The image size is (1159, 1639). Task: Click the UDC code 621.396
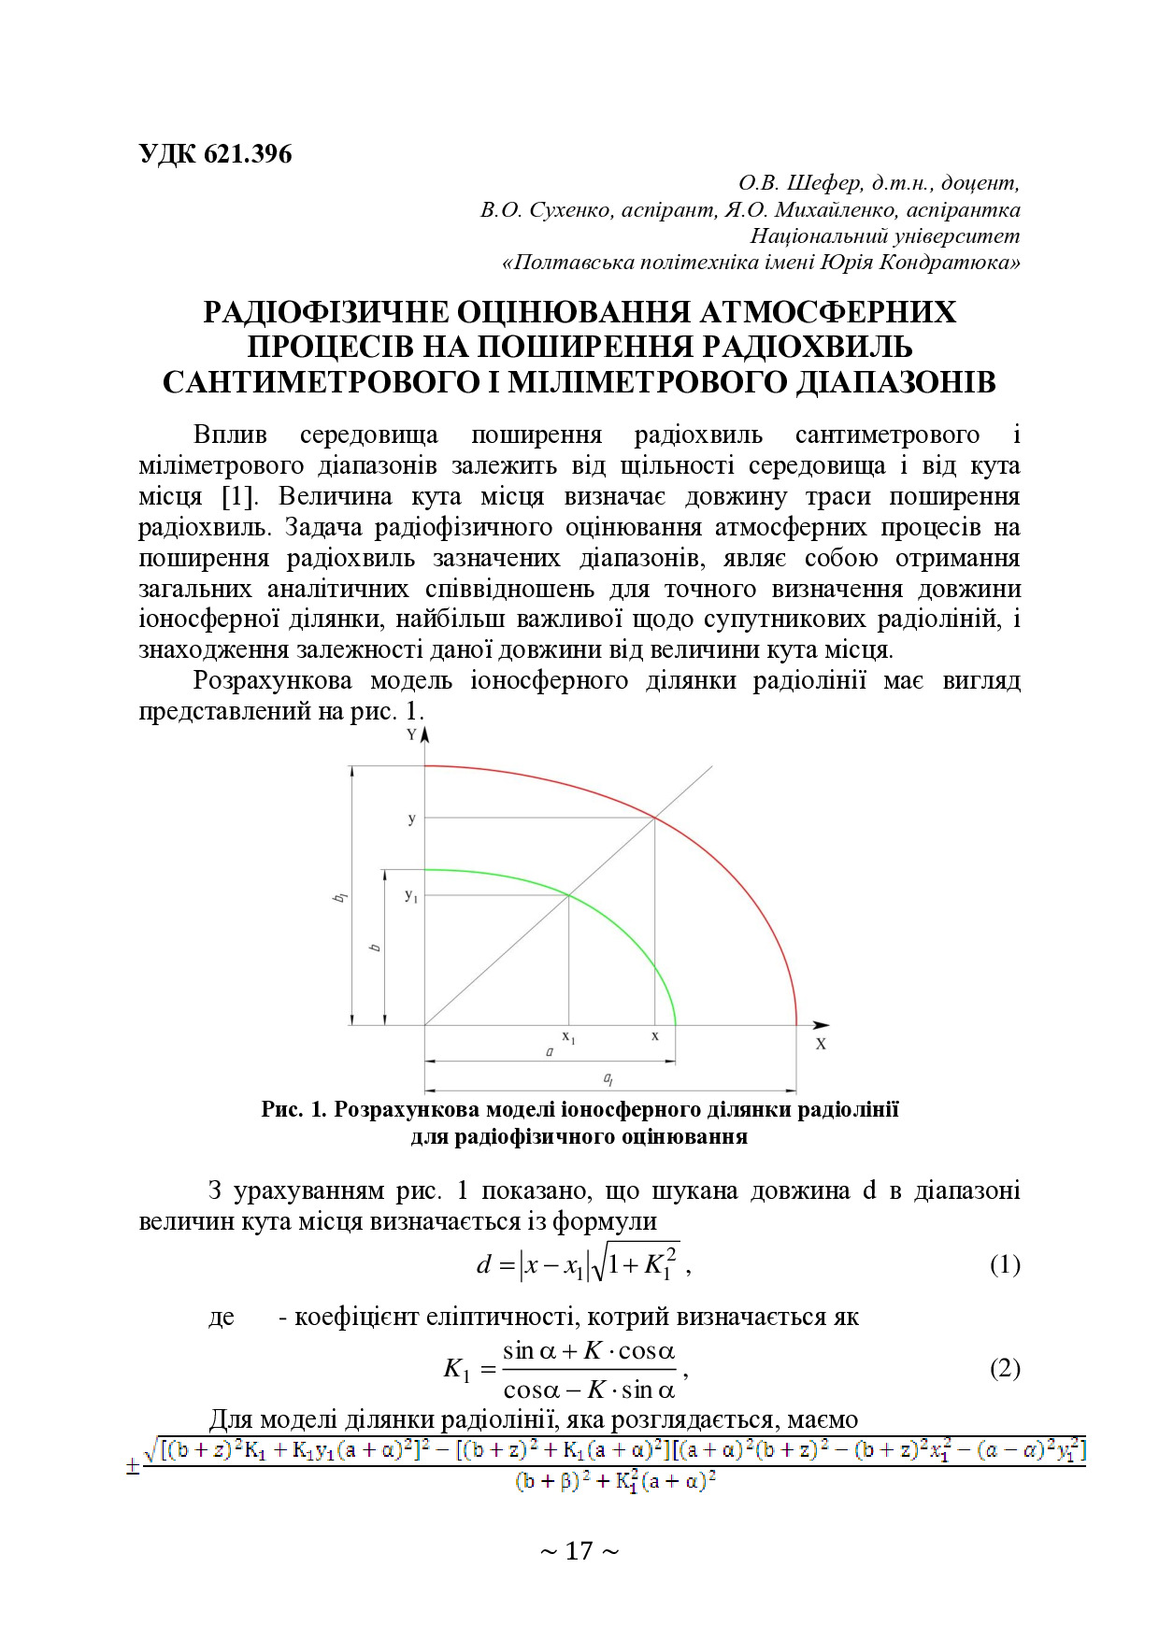click(x=247, y=153)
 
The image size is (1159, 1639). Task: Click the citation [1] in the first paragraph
click(x=239, y=496)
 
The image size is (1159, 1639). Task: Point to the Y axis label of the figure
click(x=411, y=734)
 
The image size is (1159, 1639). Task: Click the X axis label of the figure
click(x=821, y=1044)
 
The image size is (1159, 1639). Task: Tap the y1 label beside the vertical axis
click(x=411, y=895)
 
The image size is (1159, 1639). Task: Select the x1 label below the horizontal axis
click(x=568, y=1037)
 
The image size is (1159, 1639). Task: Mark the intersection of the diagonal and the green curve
click(x=569, y=895)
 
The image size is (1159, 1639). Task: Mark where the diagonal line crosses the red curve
click(x=654, y=819)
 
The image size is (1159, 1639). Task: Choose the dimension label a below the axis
click(x=550, y=1052)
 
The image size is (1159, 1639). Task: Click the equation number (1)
click(x=1005, y=1265)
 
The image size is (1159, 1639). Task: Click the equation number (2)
click(x=1005, y=1369)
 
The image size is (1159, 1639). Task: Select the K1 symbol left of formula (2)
click(x=456, y=1370)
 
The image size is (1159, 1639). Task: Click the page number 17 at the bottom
click(x=579, y=1551)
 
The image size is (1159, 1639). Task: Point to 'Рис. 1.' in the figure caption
click(x=293, y=1109)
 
